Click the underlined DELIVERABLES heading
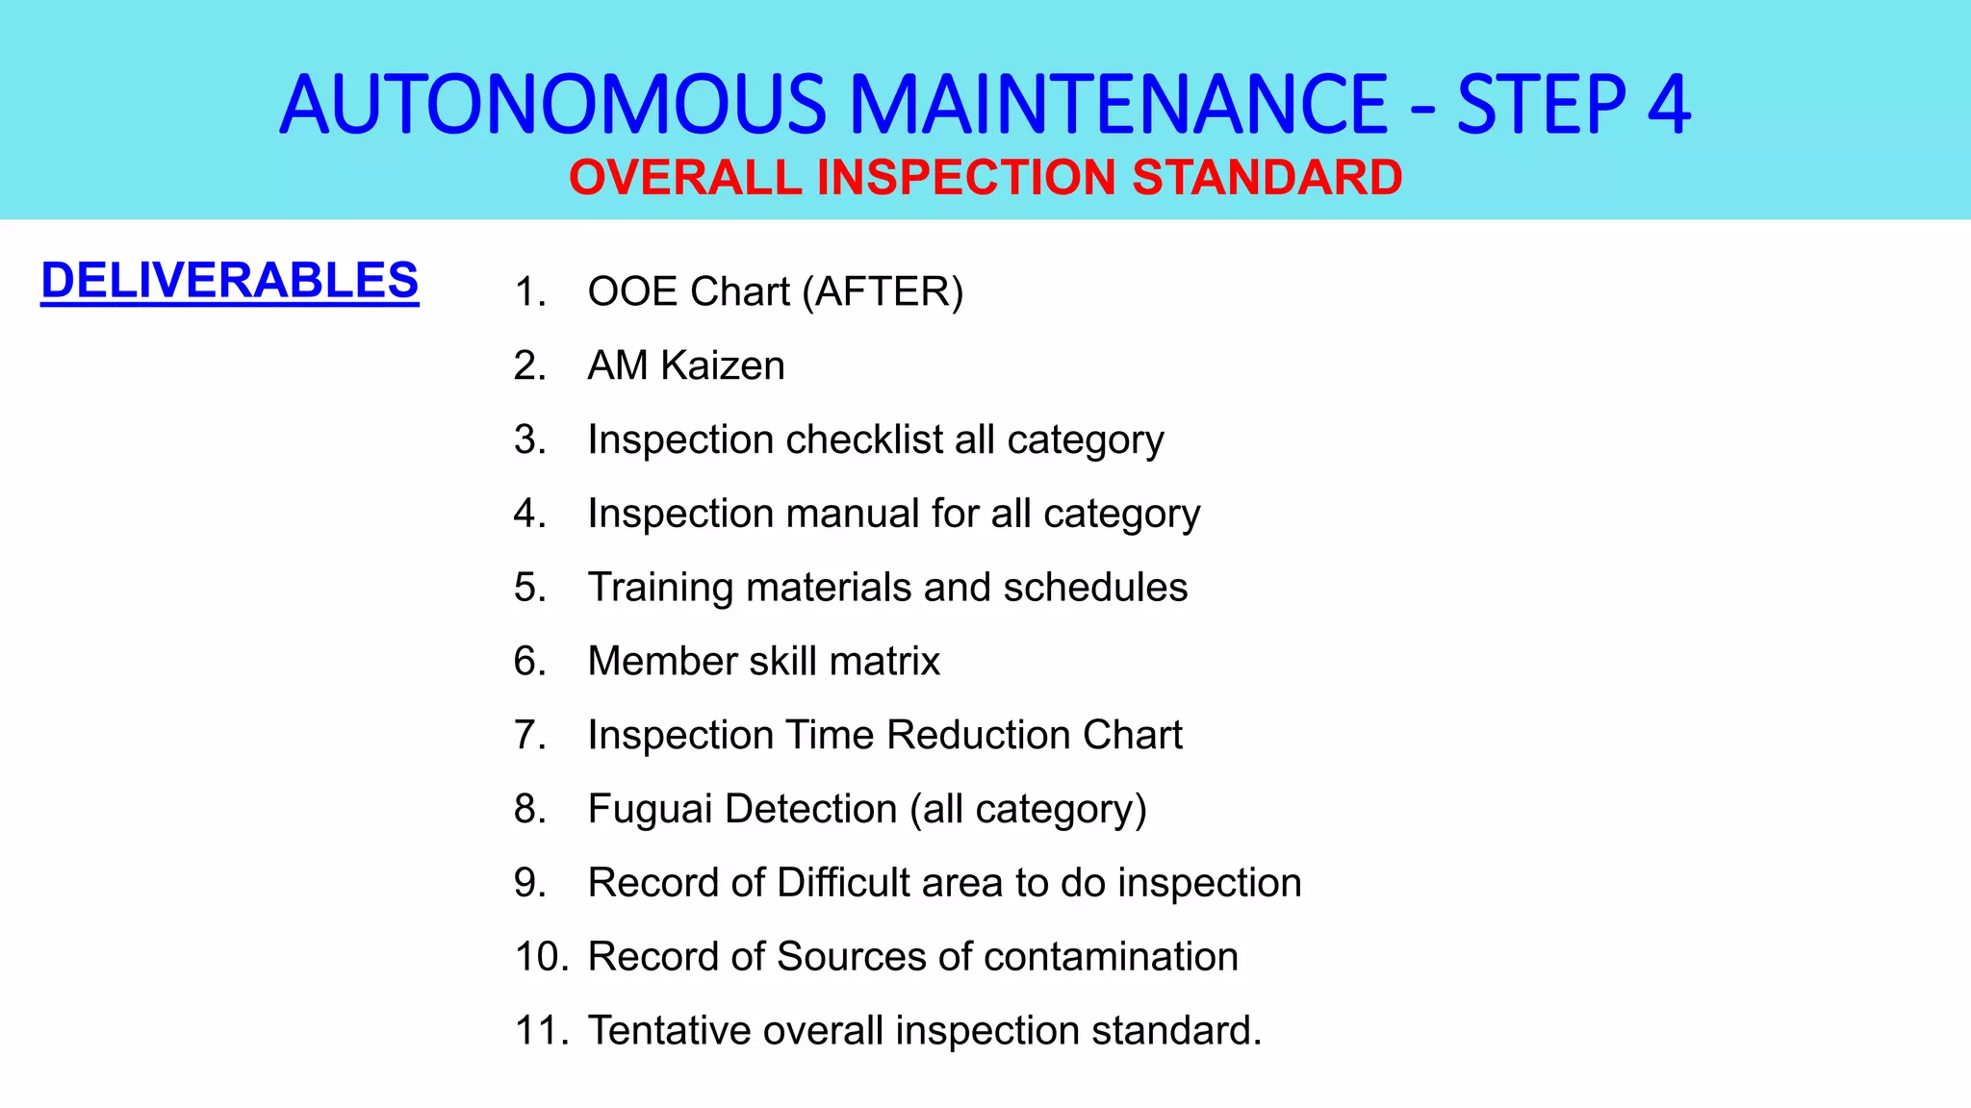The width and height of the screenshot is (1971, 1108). coord(229,281)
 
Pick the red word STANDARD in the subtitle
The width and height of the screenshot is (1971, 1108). coord(1267,178)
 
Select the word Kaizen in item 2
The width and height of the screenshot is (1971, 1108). coord(722,365)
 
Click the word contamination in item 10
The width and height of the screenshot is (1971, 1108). coord(1111,957)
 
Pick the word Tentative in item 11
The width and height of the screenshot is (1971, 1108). coord(669,1031)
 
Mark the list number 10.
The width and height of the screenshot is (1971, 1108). coord(541,957)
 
